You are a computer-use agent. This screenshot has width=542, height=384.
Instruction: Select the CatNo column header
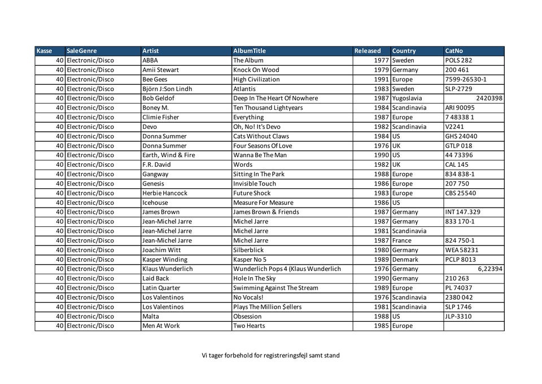tap(454, 51)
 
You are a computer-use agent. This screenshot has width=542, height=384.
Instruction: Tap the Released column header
tap(368, 51)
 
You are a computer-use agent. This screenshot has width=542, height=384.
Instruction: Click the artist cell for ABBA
tap(150, 61)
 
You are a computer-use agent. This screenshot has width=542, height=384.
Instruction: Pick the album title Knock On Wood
tap(256, 70)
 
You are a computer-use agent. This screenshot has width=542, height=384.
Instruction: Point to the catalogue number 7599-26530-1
tap(466, 80)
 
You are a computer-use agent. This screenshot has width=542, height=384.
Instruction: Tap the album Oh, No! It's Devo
tap(257, 127)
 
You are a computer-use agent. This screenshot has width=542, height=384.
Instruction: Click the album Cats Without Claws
tap(261, 136)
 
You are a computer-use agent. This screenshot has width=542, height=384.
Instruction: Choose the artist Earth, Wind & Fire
tap(169, 155)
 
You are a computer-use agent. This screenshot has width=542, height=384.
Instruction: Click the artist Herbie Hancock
tap(165, 193)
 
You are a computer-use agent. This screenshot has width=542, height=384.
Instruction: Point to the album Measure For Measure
tap(263, 202)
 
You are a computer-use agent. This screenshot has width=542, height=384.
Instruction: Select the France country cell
tap(402, 240)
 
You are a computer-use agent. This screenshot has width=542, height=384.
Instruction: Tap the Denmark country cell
tap(405, 260)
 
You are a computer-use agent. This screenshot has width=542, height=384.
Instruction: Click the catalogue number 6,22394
tap(489, 269)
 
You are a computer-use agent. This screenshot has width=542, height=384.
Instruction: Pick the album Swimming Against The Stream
tap(276, 288)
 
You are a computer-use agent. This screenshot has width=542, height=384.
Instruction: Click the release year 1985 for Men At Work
tap(382, 326)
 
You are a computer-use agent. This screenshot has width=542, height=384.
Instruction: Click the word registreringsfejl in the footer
tap(279, 356)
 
